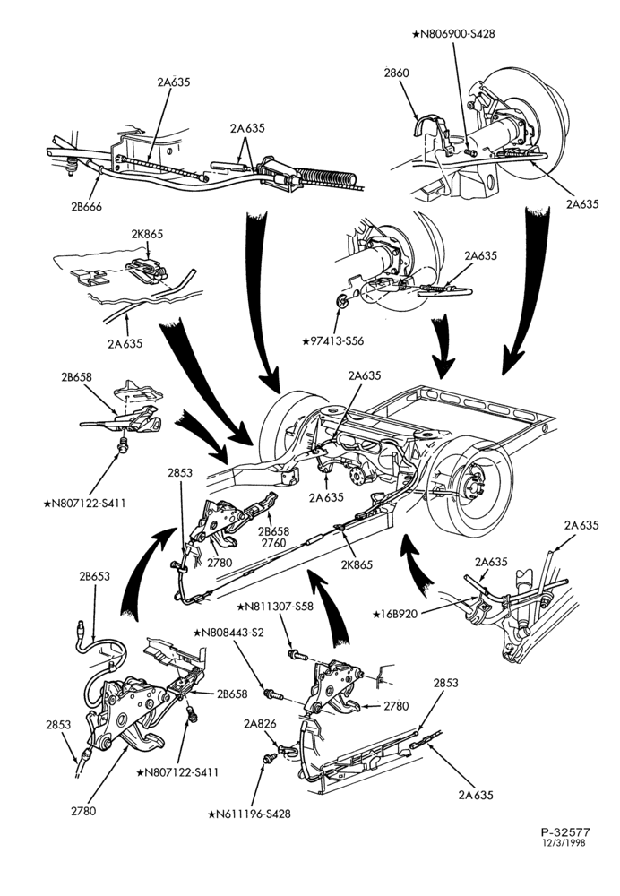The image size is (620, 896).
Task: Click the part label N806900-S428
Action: click(x=453, y=34)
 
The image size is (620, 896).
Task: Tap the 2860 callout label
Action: click(x=397, y=73)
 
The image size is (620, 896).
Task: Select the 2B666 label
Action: click(x=86, y=207)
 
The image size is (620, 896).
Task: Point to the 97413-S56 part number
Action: click(x=333, y=341)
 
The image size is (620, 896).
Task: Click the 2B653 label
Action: click(x=95, y=576)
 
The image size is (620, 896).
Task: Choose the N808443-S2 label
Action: click(x=228, y=633)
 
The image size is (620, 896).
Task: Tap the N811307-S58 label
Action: click(x=275, y=607)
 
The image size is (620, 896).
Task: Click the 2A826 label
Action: click(x=260, y=723)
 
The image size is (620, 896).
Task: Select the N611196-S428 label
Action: click(x=250, y=814)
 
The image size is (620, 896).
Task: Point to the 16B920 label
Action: click(x=395, y=614)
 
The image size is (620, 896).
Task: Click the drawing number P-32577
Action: click(x=564, y=832)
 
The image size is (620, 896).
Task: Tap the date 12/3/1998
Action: click(x=564, y=842)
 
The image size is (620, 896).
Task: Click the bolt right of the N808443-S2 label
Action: click(x=273, y=695)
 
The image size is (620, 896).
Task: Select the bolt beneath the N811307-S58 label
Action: click(x=298, y=655)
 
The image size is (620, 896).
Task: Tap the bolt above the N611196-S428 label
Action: click(x=267, y=757)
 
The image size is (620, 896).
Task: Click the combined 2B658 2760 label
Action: click(x=273, y=537)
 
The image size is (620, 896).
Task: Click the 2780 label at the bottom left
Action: click(x=82, y=810)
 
